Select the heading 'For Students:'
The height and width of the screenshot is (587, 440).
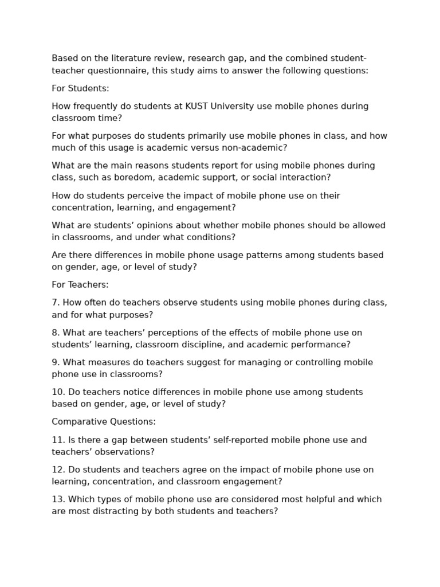pyautogui.click(x=80, y=88)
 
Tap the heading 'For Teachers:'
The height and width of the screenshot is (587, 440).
pyautogui.click(x=80, y=284)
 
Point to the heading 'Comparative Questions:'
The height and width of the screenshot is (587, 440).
pyautogui.click(x=104, y=421)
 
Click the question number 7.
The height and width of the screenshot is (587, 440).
pyautogui.click(x=55, y=302)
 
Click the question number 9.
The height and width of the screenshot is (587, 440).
pyautogui.click(x=55, y=362)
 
